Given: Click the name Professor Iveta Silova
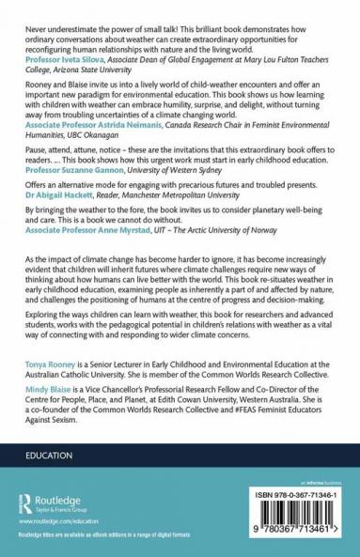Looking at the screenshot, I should pos(56,45).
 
